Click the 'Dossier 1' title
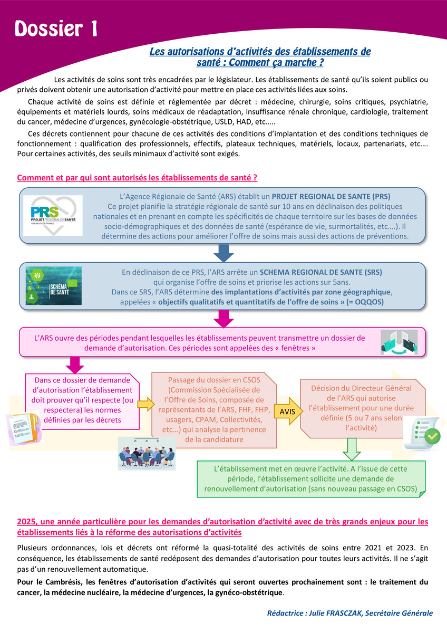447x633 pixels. pyautogui.click(x=56, y=28)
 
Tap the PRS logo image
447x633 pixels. pyautogui.click(x=53, y=215)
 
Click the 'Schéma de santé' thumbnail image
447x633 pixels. pyautogui.click(x=54, y=285)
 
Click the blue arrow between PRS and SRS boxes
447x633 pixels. pyautogui.click(x=224, y=253)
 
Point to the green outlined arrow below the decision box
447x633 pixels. pyautogui.click(x=352, y=449)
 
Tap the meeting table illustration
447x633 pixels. pyautogui.click(x=147, y=453)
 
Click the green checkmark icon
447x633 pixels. pyautogui.click(x=432, y=436)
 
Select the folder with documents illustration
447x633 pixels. pyautogui.click(x=24, y=428)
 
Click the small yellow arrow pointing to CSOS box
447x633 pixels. pyautogui.click(x=145, y=404)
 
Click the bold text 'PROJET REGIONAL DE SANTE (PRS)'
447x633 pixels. pyautogui.click(x=331, y=196)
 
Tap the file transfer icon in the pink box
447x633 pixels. pyautogui.click(x=399, y=342)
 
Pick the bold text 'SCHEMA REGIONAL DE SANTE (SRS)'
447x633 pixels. pyautogui.click(x=321, y=272)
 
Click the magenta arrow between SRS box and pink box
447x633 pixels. pyautogui.click(x=224, y=319)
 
